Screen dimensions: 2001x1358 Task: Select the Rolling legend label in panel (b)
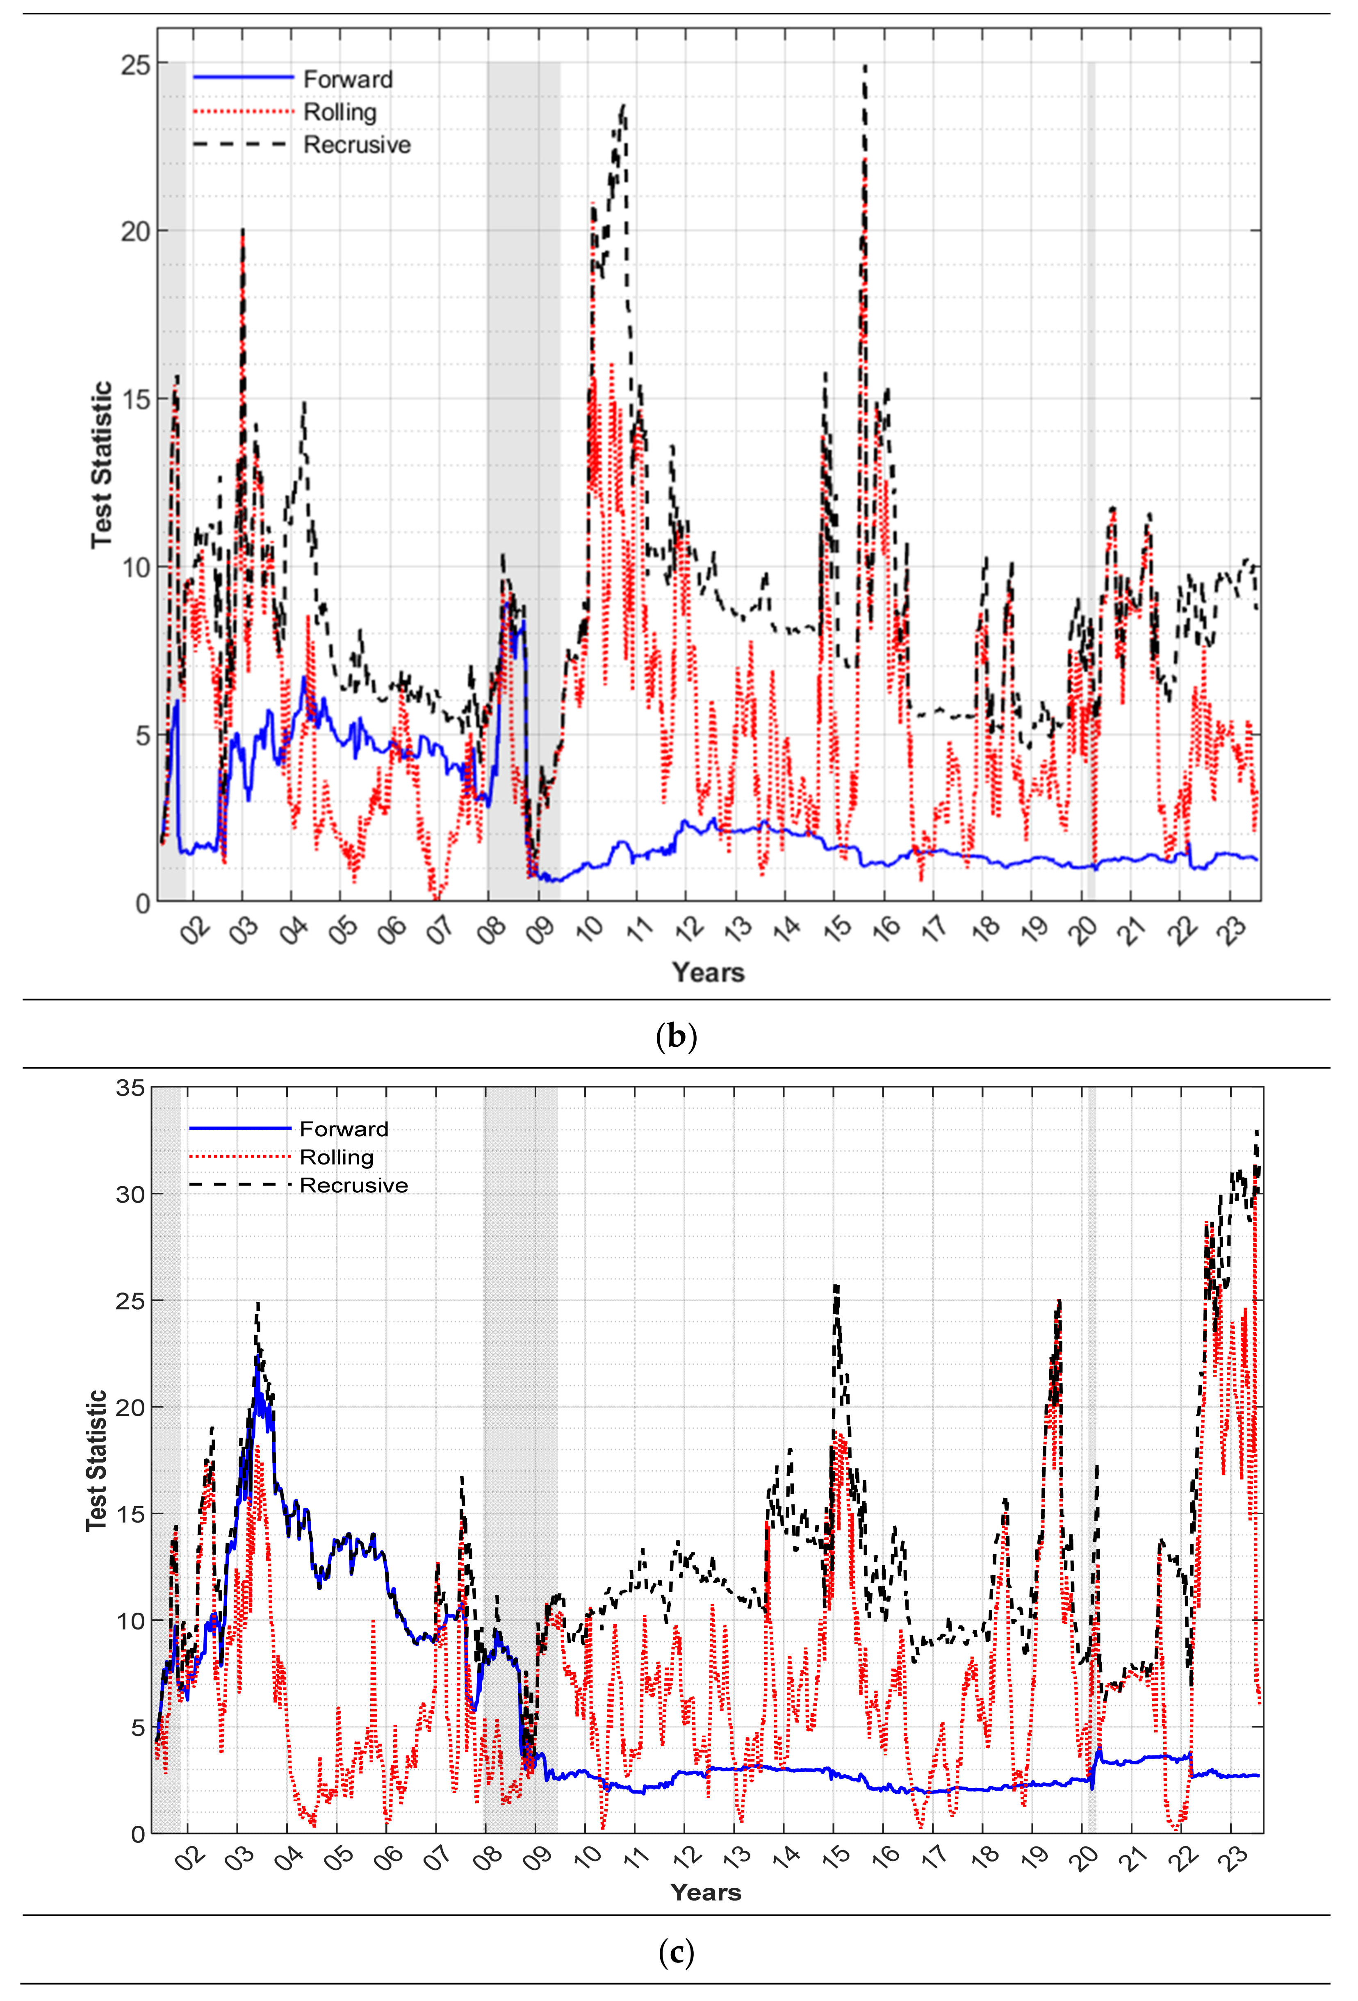(x=340, y=112)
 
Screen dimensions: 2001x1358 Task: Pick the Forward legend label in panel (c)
(x=344, y=1129)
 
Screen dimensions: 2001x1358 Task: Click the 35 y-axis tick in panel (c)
(x=131, y=1088)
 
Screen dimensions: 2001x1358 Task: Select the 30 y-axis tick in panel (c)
(x=131, y=1194)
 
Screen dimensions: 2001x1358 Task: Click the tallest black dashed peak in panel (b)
(x=865, y=66)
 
